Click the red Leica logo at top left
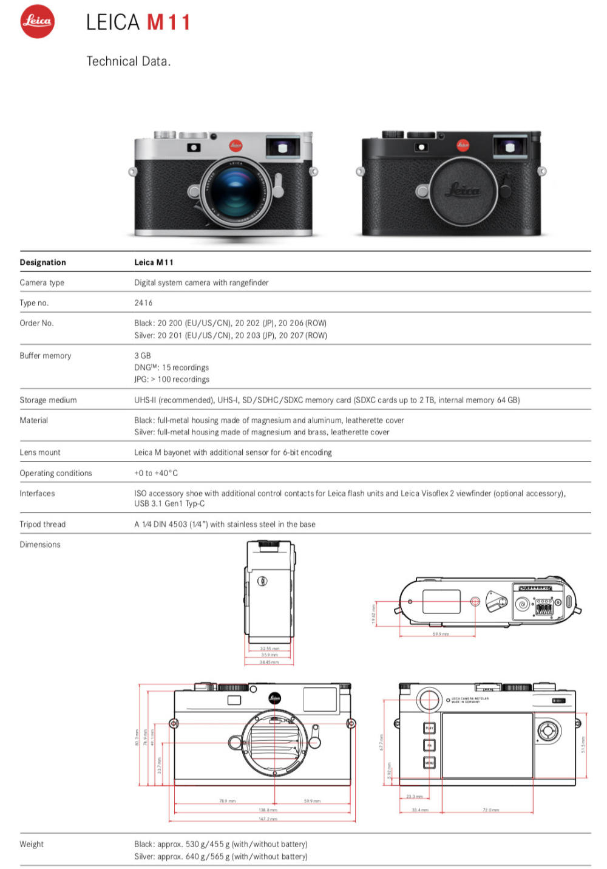[37, 21]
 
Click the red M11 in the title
[169, 22]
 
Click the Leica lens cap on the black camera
[463, 189]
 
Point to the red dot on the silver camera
[236, 145]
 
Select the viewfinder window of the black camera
[510, 147]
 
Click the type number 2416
[143, 302]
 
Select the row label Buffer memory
[46, 355]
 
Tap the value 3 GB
[143, 355]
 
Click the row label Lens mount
[40, 452]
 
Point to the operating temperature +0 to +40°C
[156, 473]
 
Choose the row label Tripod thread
[42, 524]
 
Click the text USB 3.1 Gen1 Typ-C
[169, 503]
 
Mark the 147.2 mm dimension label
[268, 819]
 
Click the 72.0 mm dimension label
[490, 810]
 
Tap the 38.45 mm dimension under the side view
[270, 662]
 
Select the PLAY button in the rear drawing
[429, 728]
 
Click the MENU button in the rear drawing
[429, 763]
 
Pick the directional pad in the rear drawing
[549, 730]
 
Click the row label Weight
[32, 844]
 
